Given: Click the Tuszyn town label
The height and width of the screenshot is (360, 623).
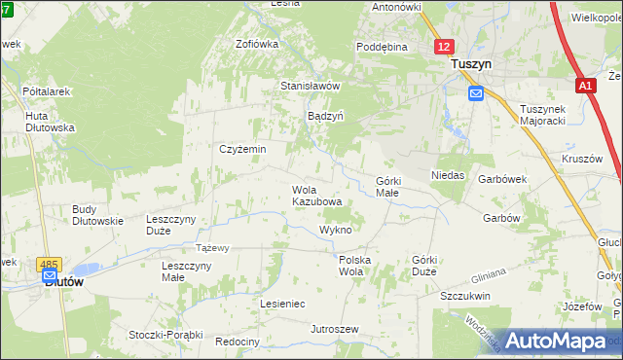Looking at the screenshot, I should (x=471, y=63).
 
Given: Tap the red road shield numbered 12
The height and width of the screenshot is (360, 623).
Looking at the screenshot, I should (x=444, y=46).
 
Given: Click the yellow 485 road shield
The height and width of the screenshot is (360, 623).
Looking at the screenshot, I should (x=49, y=264).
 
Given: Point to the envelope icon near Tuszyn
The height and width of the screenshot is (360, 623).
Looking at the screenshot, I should (x=475, y=93).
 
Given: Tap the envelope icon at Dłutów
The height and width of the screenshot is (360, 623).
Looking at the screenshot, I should (x=49, y=277).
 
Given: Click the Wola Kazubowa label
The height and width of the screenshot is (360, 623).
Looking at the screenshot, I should (x=316, y=196).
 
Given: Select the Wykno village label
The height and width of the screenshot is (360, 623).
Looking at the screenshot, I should (x=335, y=230).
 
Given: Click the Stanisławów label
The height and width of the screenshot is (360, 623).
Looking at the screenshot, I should (x=310, y=86).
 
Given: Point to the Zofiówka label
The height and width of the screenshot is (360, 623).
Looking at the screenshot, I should (x=257, y=44).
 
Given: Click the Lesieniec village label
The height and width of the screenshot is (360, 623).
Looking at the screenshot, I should (x=282, y=304).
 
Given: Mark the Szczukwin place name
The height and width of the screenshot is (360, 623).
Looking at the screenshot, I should (x=464, y=296).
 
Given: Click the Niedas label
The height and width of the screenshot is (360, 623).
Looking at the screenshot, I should (x=448, y=176).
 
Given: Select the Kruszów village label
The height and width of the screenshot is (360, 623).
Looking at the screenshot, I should (x=582, y=159).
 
